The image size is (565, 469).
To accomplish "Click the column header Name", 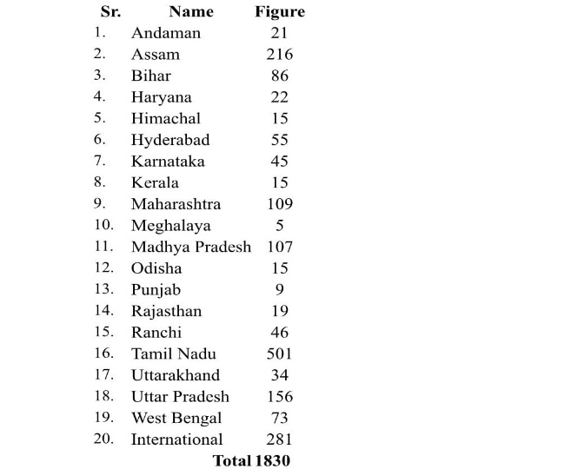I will point(191,12).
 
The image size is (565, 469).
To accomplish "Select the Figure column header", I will point(280,12).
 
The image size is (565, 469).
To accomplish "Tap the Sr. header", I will point(110,12).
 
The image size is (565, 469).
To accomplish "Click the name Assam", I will point(155,55).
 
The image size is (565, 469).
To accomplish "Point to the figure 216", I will point(280,55).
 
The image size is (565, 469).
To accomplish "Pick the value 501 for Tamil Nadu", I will point(280,354).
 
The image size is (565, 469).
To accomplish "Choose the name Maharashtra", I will point(176,204).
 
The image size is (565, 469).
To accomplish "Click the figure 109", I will point(280,204).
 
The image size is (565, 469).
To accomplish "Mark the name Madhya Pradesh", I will point(190,248).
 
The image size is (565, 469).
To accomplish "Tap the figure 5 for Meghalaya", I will point(280,226).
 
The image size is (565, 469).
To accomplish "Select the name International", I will point(176,439).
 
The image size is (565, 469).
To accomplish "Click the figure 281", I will point(280,439).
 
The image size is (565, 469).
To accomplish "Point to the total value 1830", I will point(272,461).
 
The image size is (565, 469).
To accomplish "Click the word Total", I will point(231,461).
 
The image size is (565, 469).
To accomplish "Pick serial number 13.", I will point(103,289).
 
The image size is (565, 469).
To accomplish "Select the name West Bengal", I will point(176,419).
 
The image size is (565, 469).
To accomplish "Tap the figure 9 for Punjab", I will point(280,290).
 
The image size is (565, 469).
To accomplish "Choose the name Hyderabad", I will point(170,140).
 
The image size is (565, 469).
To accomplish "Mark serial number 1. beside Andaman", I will point(100,33).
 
